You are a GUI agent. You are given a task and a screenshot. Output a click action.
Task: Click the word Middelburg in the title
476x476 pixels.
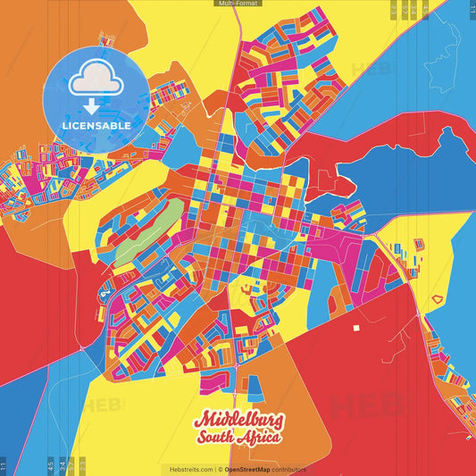238,420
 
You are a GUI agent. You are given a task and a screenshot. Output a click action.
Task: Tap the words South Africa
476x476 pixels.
238,438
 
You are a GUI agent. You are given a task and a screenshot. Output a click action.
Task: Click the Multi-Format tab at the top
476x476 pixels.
238,4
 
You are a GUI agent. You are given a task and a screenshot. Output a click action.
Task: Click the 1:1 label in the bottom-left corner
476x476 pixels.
4,465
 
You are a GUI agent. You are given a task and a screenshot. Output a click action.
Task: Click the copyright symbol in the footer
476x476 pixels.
219,469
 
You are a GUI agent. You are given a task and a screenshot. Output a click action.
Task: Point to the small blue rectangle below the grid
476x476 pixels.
255,386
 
